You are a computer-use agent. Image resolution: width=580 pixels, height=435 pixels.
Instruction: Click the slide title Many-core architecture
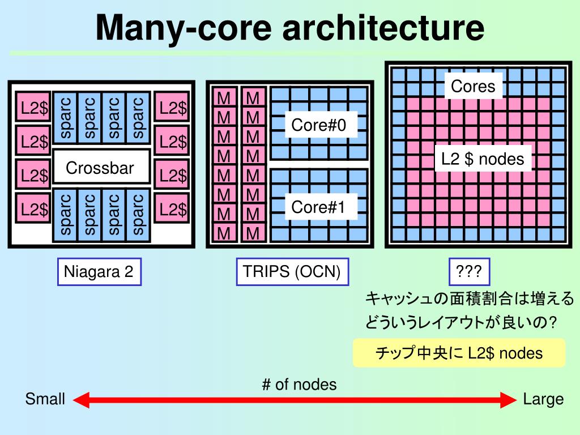289,28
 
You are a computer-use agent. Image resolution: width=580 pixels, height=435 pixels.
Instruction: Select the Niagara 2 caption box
99,272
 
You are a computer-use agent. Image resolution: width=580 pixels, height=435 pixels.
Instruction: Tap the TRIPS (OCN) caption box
292,272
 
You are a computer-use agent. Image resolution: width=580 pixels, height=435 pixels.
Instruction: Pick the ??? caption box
469,272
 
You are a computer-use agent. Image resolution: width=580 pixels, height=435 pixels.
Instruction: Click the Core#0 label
319,125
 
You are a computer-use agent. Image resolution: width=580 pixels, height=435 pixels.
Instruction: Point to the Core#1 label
319,207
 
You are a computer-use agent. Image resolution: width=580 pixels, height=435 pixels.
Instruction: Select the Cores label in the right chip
473,87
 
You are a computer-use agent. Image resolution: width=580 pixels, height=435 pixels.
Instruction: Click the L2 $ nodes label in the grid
483,159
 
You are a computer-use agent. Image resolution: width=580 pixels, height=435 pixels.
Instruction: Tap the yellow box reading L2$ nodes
459,353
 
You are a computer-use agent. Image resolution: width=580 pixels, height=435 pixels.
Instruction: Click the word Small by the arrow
45,399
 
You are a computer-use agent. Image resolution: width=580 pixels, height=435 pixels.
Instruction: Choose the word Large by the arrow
543,399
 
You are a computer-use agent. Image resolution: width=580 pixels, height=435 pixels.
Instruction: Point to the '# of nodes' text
299,385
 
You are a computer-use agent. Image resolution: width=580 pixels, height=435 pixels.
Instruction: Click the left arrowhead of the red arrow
81,400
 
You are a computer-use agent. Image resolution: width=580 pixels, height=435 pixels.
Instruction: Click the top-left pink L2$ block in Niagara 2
33,107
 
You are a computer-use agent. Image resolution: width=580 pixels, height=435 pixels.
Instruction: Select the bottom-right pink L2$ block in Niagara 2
172,209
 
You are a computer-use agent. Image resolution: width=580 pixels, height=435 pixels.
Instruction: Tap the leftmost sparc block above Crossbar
65,117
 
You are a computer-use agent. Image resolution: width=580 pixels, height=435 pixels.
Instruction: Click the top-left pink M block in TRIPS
224,99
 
